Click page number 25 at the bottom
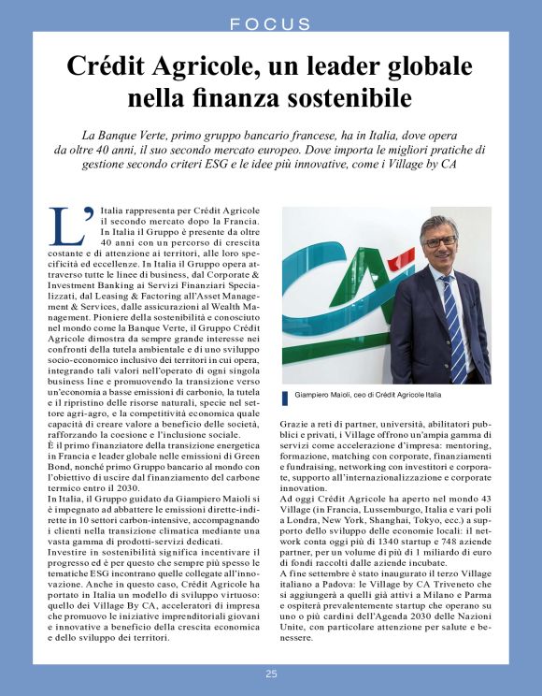click(x=271, y=674)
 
